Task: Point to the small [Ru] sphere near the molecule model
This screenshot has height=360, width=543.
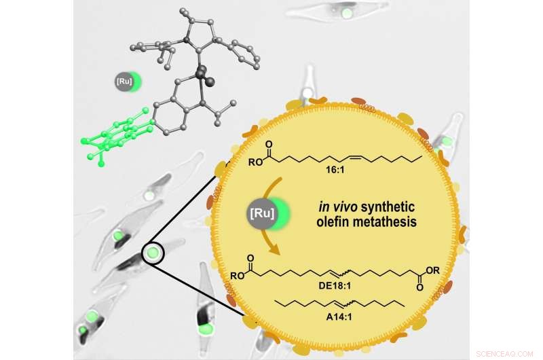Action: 126,83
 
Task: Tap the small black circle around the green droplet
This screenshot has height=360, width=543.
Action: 153,254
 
